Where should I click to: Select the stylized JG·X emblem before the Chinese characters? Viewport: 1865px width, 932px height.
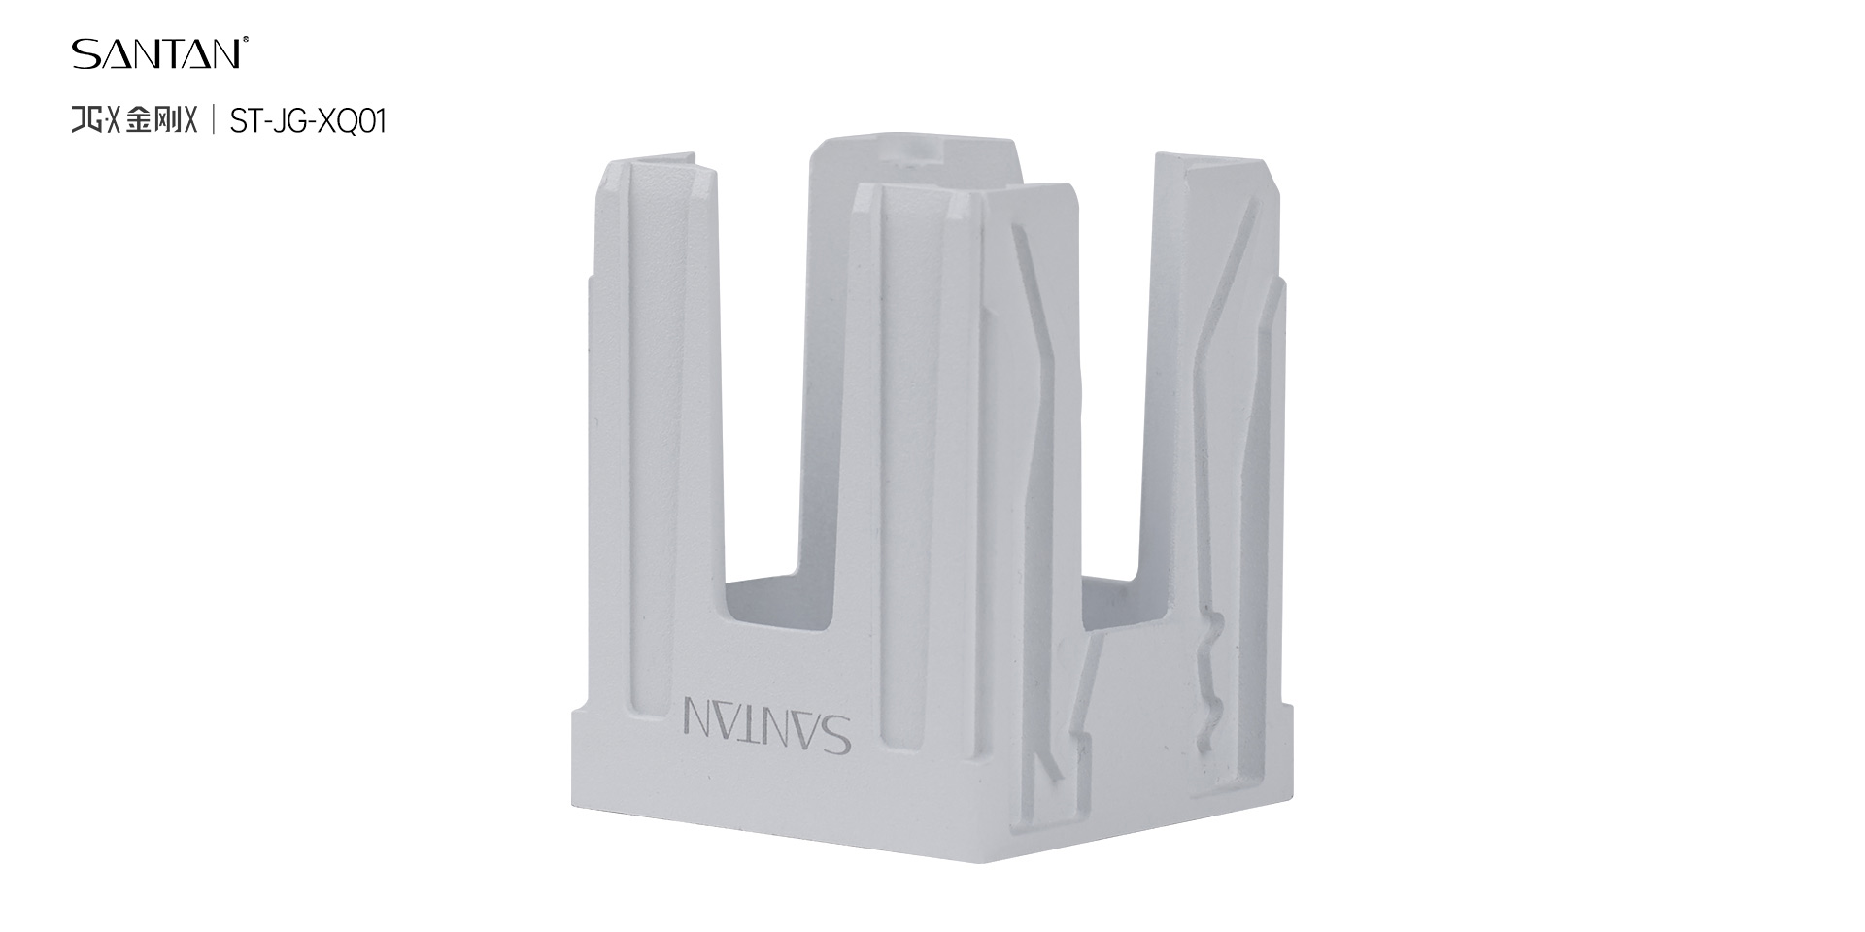click(96, 120)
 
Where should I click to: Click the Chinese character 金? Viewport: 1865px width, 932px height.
click(139, 120)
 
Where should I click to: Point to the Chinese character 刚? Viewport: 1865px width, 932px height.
click(168, 120)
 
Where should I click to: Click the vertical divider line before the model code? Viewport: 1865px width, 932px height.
click(214, 120)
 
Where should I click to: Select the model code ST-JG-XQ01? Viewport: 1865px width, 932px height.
click(308, 121)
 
